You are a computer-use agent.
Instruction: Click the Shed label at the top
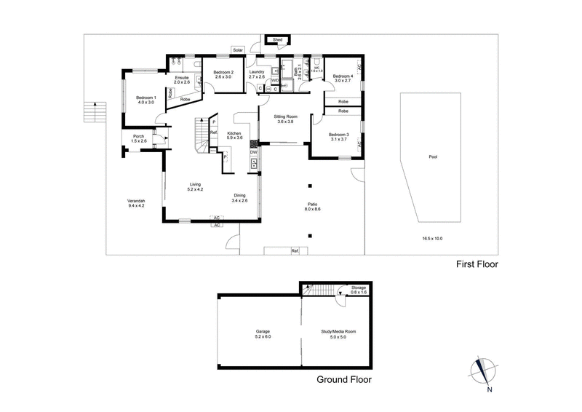[277, 39]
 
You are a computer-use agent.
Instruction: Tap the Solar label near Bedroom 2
[239, 49]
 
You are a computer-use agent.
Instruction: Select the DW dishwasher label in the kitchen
[254, 151]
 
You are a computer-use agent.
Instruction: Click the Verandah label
[136, 202]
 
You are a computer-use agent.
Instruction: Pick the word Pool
[433, 156]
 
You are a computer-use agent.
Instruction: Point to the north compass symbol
[483, 371]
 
